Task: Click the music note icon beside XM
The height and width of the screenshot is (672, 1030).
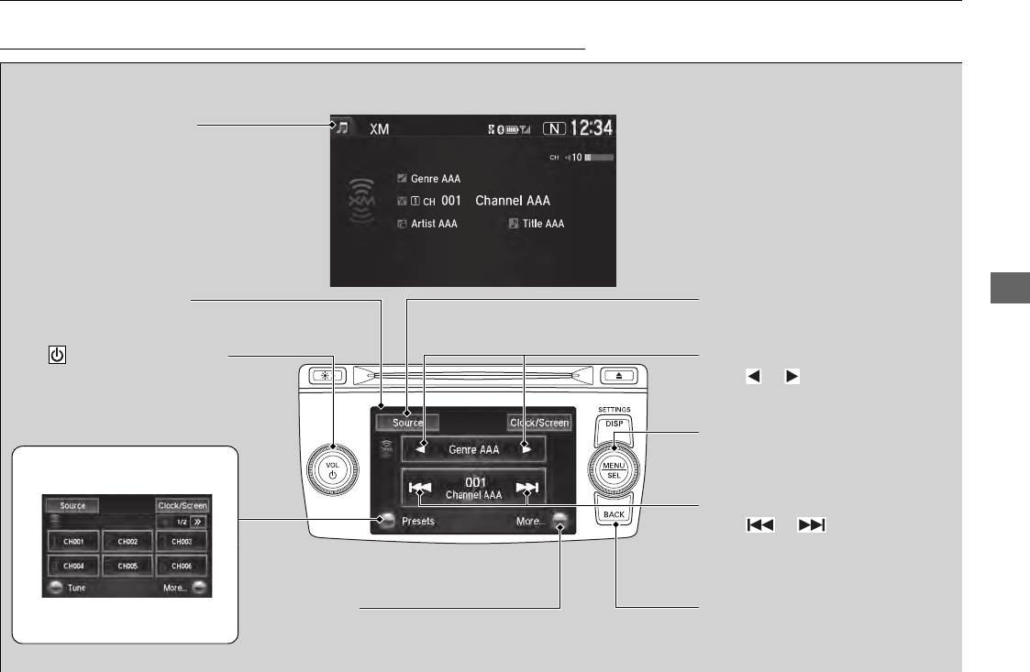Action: tap(341, 128)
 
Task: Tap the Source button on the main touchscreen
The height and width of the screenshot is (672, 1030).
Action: tap(407, 423)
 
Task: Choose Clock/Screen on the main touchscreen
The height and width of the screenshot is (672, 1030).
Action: tap(539, 423)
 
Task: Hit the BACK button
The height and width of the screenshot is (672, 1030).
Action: tap(615, 514)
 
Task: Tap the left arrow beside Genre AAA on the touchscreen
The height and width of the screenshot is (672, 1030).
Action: tap(424, 449)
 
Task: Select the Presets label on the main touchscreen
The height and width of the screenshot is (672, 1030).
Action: tap(417, 521)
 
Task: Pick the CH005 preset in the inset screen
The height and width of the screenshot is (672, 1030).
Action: tap(127, 566)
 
